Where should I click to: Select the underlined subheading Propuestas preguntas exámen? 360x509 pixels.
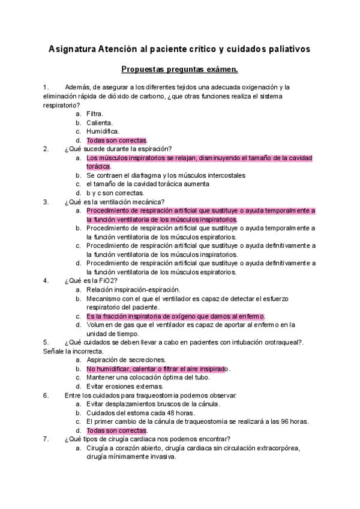[x=179, y=69]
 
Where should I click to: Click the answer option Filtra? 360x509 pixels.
[x=95, y=113]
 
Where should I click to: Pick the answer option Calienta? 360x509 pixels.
[x=100, y=122]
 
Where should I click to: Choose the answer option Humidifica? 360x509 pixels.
[x=103, y=131]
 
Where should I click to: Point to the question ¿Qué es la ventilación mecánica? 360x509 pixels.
[x=115, y=202]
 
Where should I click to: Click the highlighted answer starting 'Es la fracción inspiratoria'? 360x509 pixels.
[x=175, y=316]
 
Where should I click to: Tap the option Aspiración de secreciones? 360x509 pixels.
[x=126, y=360]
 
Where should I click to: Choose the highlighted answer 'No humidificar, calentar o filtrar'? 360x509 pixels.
[x=158, y=369]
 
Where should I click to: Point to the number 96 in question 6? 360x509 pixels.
[x=285, y=421]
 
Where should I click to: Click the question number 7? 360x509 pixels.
[x=46, y=439]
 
